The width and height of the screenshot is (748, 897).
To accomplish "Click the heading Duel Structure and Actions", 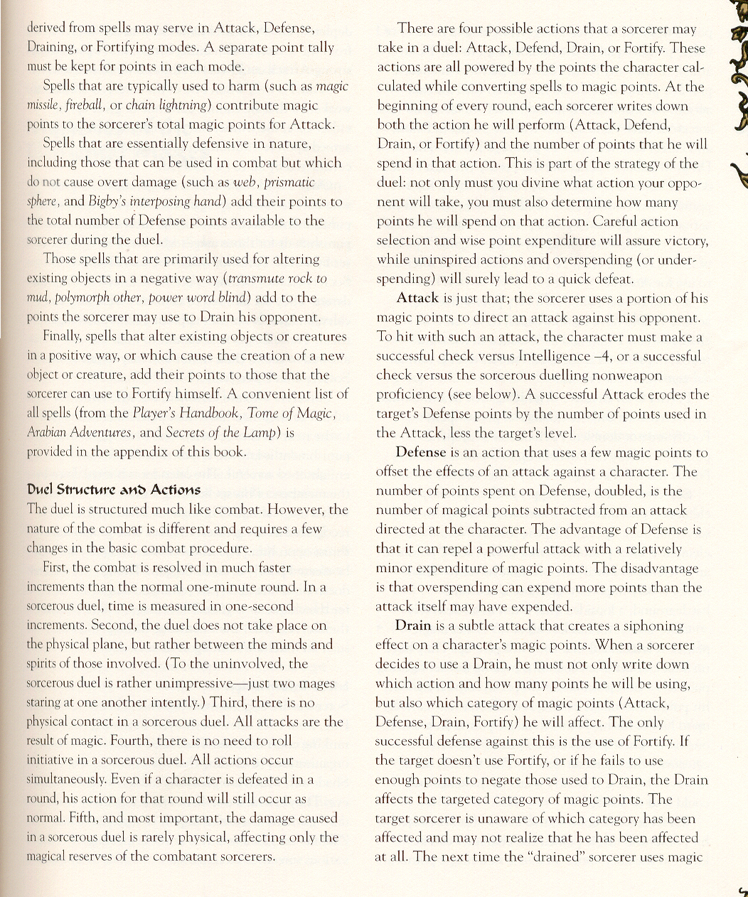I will pyautogui.click(x=113, y=490).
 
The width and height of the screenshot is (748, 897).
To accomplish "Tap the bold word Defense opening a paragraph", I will pyautogui.click(x=421, y=452).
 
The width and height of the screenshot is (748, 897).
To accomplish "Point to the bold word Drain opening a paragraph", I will pyautogui.click(x=413, y=625).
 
